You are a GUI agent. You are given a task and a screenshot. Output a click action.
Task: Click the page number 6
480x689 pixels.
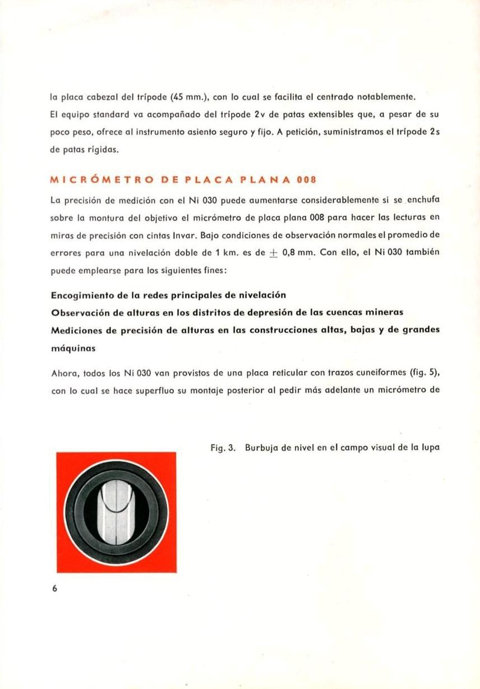(54, 589)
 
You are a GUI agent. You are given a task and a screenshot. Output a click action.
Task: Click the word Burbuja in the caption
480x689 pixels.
(261, 448)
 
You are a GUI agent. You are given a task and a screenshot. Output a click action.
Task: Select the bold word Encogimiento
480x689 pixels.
(84, 295)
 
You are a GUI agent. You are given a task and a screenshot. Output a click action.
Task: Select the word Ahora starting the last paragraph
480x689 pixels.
(63, 374)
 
